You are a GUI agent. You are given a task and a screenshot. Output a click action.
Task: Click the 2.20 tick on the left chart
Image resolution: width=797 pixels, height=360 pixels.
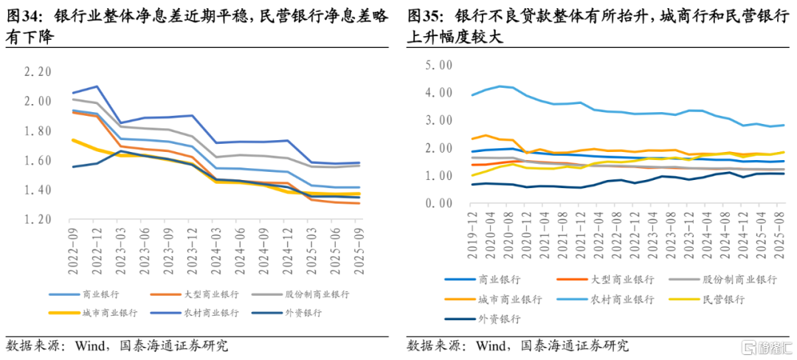38,72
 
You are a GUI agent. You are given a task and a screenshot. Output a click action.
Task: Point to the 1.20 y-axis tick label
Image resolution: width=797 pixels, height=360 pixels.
38,220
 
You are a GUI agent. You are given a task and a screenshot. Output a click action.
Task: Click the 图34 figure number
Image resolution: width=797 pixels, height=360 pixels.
22,16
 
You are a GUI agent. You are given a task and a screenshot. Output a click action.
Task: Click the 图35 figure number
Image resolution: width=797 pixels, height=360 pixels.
423,16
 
